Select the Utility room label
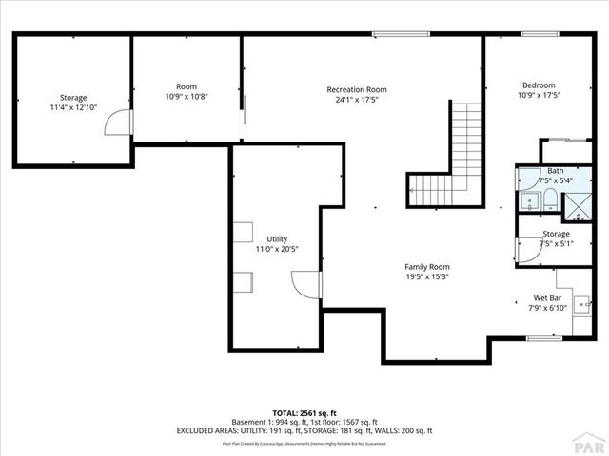pos(277,239)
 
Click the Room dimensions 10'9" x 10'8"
pos(186,96)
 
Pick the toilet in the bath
pos(549,199)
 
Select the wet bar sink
pos(585,305)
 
